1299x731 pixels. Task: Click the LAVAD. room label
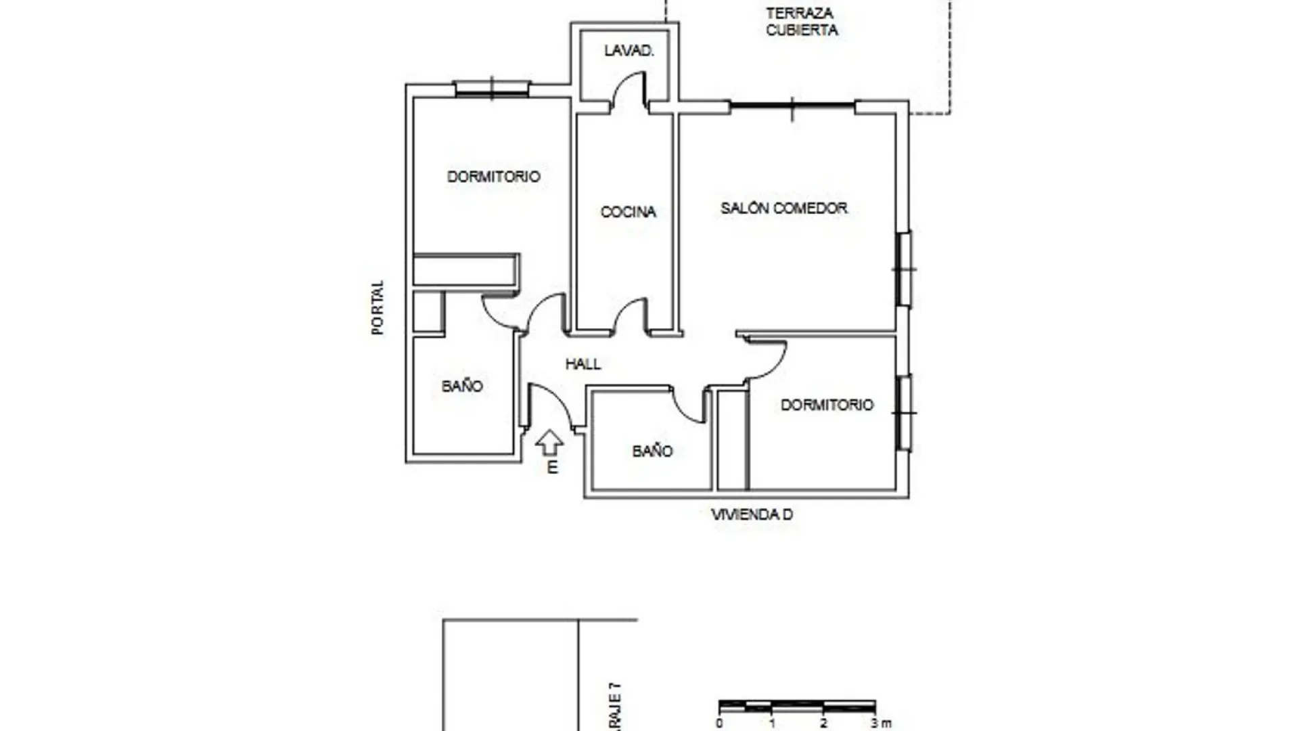pyautogui.click(x=629, y=51)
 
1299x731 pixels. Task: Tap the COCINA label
pyautogui.click(x=628, y=213)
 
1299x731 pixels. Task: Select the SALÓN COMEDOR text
pyautogui.click(x=783, y=208)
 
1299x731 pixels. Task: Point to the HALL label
pyautogui.click(x=583, y=364)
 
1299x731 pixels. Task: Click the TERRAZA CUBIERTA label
pyautogui.click(x=801, y=22)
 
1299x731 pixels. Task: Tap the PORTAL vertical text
pyautogui.click(x=378, y=307)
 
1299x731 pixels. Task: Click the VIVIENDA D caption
pyautogui.click(x=752, y=515)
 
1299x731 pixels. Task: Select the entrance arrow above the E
pyautogui.click(x=549, y=443)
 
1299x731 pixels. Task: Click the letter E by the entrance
pyautogui.click(x=552, y=468)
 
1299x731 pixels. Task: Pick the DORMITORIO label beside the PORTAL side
pyautogui.click(x=493, y=177)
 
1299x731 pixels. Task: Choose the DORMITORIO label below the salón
pyautogui.click(x=827, y=405)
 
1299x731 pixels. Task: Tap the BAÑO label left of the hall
pyautogui.click(x=462, y=386)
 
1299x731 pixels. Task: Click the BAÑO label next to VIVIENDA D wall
pyautogui.click(x=652, y=451)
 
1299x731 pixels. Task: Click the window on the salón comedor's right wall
pyautogui.click(x=903, y=269)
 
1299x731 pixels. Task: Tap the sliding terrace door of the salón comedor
pyautogui.click(x=792, y=106)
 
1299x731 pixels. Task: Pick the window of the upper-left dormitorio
pyautogui.click(x=492, y=88)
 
